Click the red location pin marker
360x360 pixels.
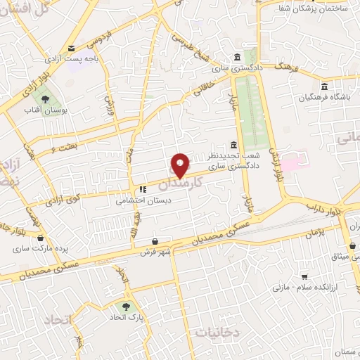click(x=181, y=166)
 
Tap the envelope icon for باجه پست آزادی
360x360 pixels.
click(x=71, y=49)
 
